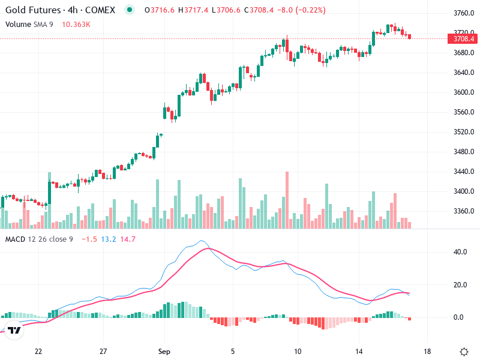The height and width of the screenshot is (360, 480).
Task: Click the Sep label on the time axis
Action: pyautogui.click(x=164, y=351)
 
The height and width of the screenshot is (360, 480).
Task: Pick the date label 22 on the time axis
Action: pyautogui.click(x=38, y=351)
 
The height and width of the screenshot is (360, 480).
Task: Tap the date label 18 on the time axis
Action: pyautogui.click(x=427, y=351)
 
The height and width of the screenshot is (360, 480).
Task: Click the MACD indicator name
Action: pyautogui.click(x=15, y=239)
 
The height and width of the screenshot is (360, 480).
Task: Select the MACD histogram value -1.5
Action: pyautogui.click(x=89, y=239)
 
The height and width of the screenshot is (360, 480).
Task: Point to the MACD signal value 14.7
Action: pyautogui.click(x=128, y=239)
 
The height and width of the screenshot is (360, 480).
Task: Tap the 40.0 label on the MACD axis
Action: pyautogui.click(x=460, y=252)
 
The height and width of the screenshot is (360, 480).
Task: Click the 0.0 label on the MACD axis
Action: pyautogui.click(x=460, y=317)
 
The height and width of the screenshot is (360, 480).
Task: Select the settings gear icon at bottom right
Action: pyautogui.click(x=463, y=351)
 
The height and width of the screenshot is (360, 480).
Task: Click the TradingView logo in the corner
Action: pyautogui.click(x=14, y=330)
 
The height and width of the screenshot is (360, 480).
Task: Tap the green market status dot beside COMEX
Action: pyautogui.click(x=130, y=10)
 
